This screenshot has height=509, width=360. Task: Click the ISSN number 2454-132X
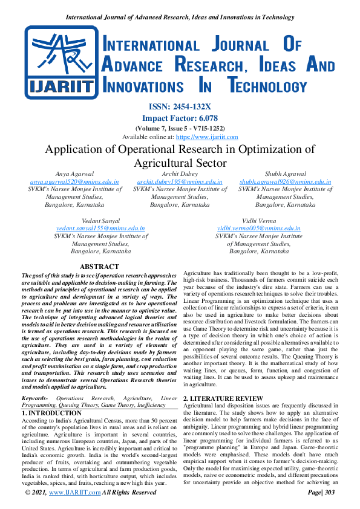pos(179,107)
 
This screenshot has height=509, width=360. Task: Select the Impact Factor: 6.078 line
pos(179,118)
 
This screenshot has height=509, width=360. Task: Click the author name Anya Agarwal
pos(75,174)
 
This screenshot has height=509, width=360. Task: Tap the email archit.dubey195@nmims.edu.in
pos(180,181)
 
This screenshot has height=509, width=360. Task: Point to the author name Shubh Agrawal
pos(285,174)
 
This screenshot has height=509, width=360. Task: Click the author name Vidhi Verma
pos(258,221)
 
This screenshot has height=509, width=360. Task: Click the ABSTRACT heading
pos(100,267)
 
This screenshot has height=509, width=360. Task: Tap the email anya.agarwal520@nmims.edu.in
pos(75,181)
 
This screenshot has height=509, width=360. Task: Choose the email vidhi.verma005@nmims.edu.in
pos(258,229)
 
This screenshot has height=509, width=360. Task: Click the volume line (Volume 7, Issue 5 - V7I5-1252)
pos(179,128)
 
